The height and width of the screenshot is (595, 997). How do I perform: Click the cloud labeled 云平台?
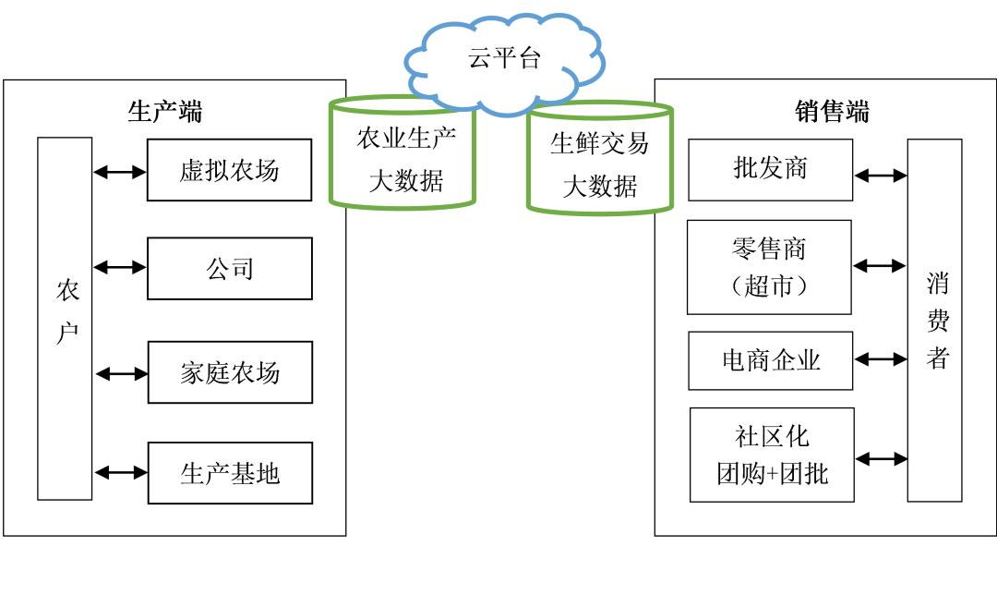coord(503,61)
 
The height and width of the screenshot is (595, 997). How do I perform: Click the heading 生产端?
coord(164,112)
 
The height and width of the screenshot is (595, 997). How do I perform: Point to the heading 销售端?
coord(832,112)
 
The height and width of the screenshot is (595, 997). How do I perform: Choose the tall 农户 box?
coord(65,318)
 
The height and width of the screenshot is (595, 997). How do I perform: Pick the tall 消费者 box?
coord(934,320)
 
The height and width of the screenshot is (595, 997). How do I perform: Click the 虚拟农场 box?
coord(229,170)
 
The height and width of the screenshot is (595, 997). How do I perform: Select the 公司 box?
coord(229,269)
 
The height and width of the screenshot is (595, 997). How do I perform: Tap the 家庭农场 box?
coord(229,372)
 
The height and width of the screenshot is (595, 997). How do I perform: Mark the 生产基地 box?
coord(229,473)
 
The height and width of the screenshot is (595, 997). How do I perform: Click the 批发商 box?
coord(770,169)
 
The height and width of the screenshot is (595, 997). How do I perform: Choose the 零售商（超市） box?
coord(769,267)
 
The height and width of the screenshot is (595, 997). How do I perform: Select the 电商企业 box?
coord(770,360)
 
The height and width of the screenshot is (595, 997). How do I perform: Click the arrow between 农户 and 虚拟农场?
coord(120,171)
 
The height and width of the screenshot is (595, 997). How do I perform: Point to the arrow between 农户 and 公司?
coord(120,268)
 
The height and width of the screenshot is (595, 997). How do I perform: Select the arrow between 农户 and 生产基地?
coord(121,472)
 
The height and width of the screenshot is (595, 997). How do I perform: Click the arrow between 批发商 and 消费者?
coord(880,175)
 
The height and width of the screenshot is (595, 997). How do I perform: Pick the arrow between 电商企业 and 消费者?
coord(880,360)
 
